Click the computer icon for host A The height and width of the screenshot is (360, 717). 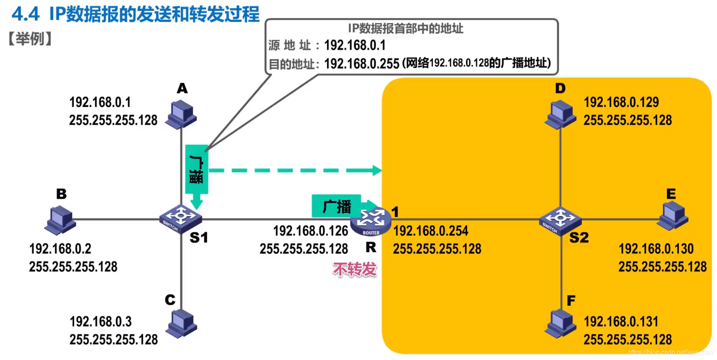click(x=182, y=114)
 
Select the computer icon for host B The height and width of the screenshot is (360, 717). click(x=60, y=220)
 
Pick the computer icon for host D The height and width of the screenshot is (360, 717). click(x=560, y=115)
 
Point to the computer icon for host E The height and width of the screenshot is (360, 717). click(x=673, y=216)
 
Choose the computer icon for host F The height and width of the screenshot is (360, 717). click(x=560, y=324)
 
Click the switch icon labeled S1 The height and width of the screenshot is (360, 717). click(x=180, y=219)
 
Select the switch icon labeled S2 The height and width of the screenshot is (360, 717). click(x=560, y=220)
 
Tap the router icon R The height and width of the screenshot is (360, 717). click(x=370, y=222)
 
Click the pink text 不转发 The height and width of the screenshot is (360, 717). click(x=355, y=269)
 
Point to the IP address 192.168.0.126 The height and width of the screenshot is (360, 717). click(x=310, y=231)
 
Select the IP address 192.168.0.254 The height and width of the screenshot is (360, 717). click(x=431, y=231)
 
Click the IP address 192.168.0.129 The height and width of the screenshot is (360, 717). click(x=621, y=102)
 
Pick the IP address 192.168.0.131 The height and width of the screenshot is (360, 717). click(x=621, y=322)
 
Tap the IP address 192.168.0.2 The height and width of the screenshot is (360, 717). click(x=60, y=249)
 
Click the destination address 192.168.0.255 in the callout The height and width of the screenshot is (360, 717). click(x=362, y=64)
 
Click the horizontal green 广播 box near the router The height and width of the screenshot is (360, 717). click(x=336, y=206)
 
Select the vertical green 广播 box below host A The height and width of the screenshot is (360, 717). click(x=197, y=169)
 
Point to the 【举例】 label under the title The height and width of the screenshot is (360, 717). click(x=30, y=39)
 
